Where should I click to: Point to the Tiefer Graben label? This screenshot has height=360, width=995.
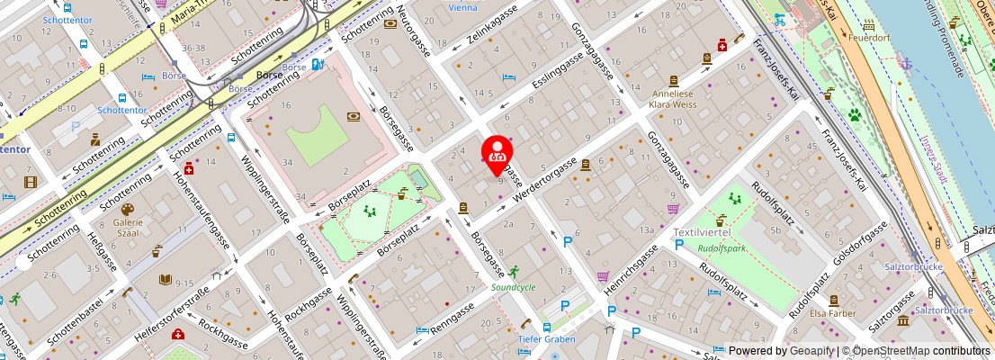pyautogui.click(x=548, y=338)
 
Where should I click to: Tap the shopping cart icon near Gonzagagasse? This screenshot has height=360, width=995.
pyautogui.click(x=673, y=209)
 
